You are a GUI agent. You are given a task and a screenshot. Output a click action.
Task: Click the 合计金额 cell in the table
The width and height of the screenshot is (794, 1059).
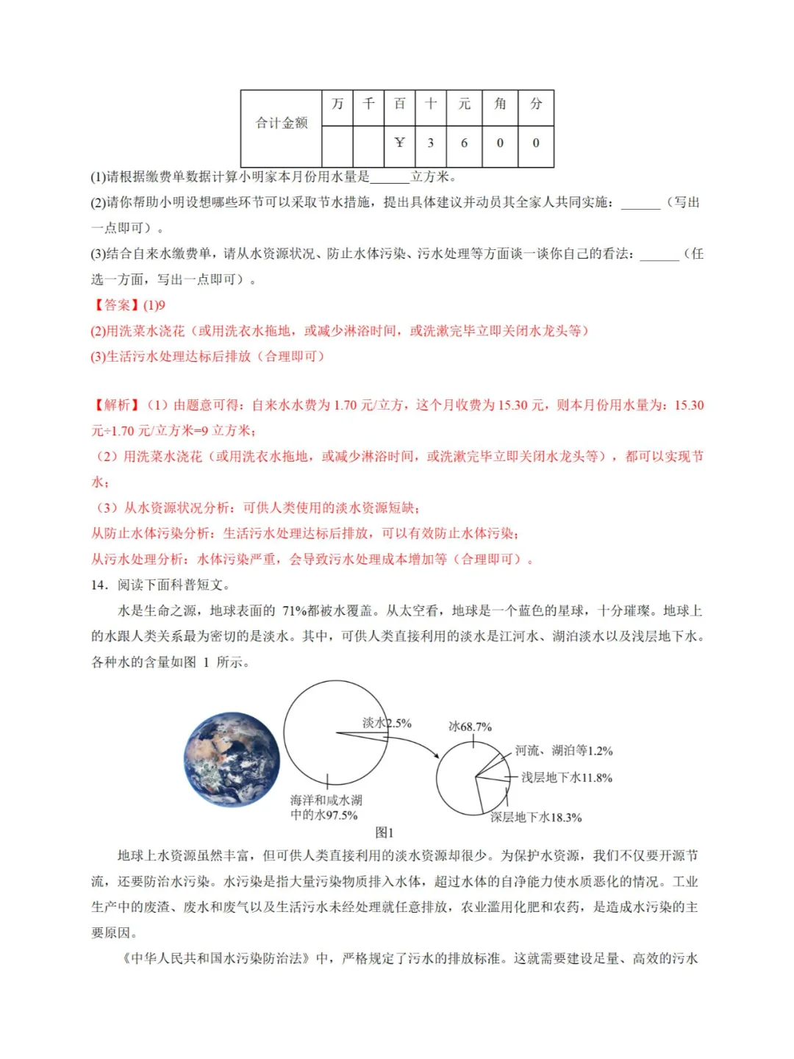click(x=281, y=124)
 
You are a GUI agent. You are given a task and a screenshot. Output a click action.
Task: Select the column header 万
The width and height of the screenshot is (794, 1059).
click(x=337, y=104)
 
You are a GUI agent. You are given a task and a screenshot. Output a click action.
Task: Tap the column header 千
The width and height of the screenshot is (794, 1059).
click(x=368, y=104)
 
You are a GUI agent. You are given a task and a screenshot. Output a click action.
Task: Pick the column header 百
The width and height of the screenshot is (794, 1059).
click(x=399, y=104)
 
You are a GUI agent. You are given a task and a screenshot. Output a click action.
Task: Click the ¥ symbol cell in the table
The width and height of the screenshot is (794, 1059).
click(x=399, y=143)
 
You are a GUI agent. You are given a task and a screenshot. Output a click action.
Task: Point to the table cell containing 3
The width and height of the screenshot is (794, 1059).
click(x=431, y=143)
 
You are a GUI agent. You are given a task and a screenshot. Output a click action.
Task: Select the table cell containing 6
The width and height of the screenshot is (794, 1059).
click(x=464, y=143)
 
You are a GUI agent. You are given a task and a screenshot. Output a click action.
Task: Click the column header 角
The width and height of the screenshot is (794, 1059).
click(x=500, y=104)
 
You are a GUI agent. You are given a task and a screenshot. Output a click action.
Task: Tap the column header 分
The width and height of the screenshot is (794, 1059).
click(x=536, y=104)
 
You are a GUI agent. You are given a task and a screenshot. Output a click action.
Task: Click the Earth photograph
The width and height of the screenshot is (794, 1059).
click(x=232, y=759)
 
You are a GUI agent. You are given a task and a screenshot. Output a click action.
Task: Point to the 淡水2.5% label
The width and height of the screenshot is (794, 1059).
click(x=387, y=723)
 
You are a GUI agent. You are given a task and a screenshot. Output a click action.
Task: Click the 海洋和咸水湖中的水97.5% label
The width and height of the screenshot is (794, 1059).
click(x=326, y=807)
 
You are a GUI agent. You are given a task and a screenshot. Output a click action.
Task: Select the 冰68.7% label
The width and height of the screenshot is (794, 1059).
click(x=470, y=727)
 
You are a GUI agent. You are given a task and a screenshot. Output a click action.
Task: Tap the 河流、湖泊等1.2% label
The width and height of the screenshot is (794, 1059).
click(x=564, y=751)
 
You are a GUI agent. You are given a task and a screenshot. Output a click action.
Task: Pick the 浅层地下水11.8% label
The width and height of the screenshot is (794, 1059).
click(x=567, y=777)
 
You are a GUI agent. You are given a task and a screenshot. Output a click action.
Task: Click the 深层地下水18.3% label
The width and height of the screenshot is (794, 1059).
click(x=536, y=817)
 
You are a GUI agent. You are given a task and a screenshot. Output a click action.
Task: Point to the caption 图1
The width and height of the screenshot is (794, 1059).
click(x=385, y=832)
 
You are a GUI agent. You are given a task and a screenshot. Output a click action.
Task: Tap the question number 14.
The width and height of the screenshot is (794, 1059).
click(x=99, y=585)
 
